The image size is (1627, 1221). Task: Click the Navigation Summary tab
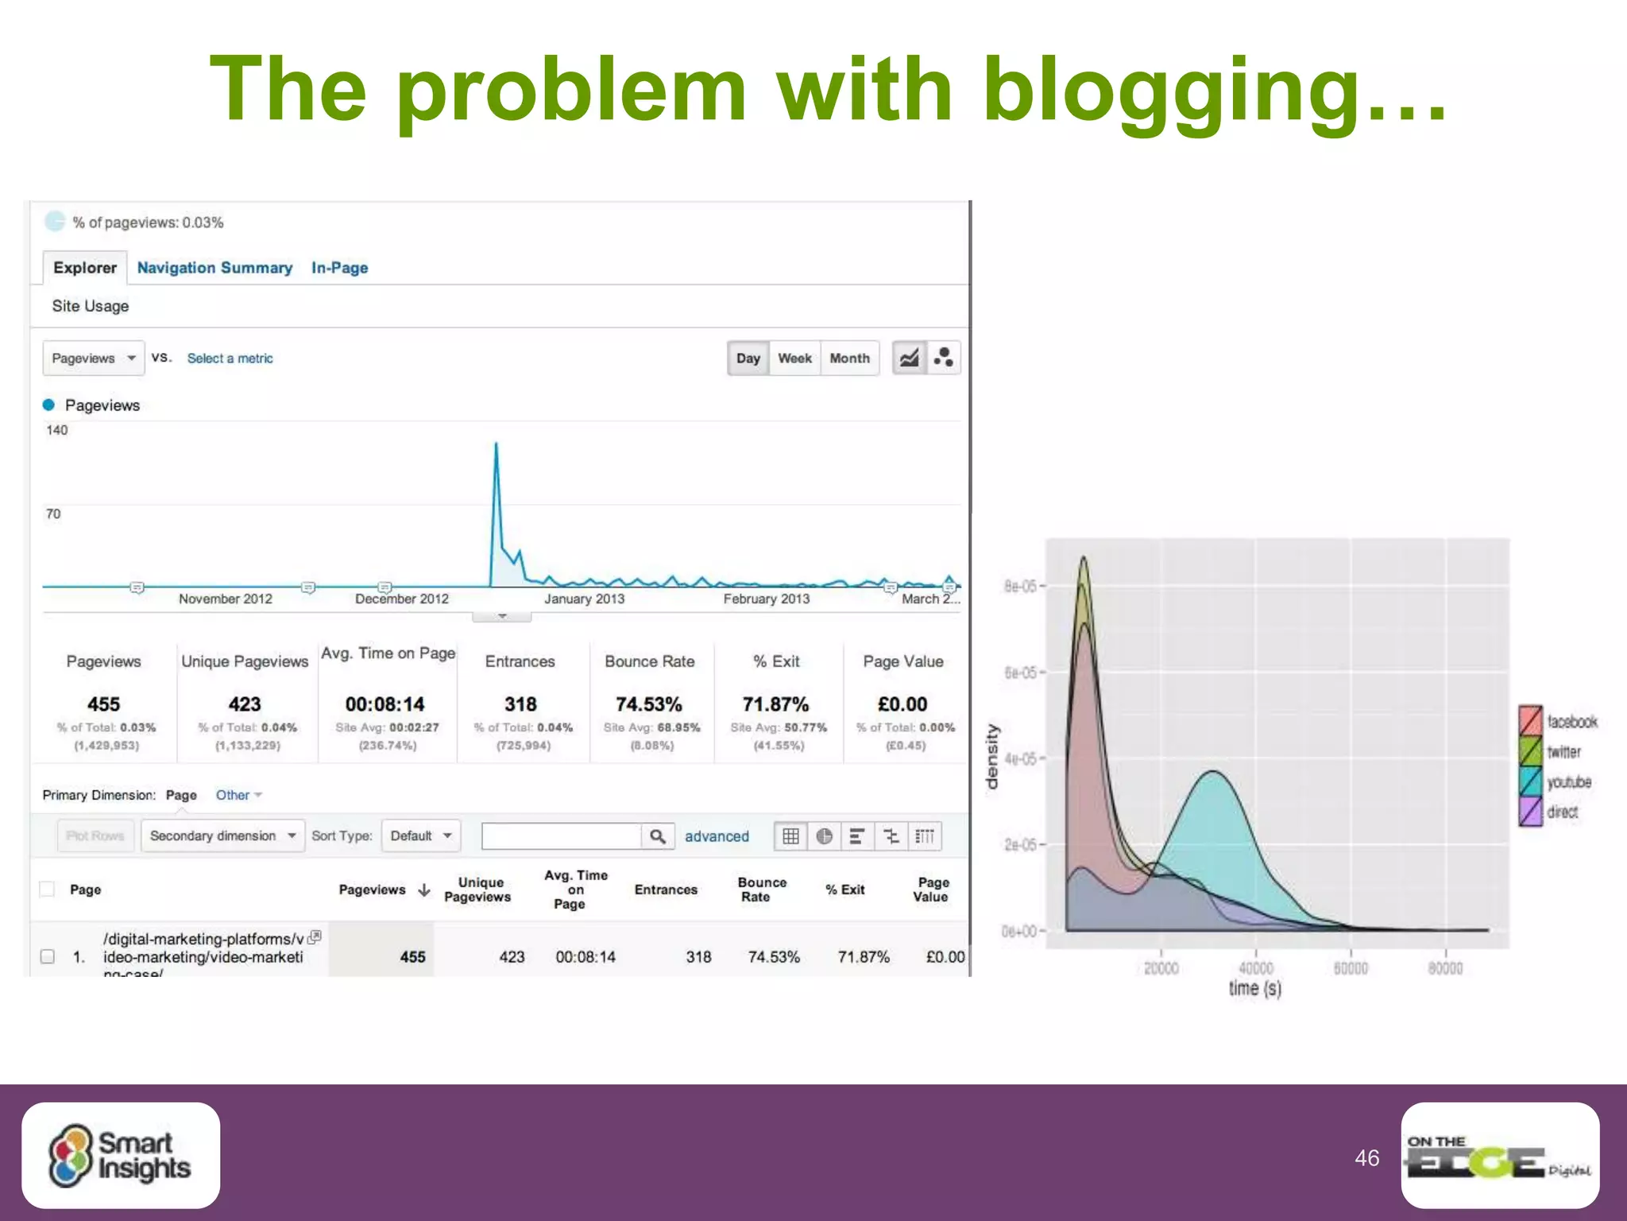(x=214, y=268)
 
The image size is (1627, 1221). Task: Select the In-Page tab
(x=339, y=268)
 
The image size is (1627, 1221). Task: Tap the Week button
(x=794, y=359)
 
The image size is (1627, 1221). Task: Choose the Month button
(x=849, y=359)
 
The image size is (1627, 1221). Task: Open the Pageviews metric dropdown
(x=93, y=359)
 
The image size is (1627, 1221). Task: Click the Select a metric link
(x=230, y=359)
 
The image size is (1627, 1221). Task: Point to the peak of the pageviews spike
(x=497, y=444)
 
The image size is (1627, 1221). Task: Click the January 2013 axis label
(x=584, y=599)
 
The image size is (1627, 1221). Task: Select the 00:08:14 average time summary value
(x=385, y=704)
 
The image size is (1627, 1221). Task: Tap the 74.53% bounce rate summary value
(x=648, y=704)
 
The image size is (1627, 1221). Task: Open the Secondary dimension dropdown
(x=222, y=836)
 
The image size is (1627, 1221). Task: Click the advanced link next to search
(x=717, y=836)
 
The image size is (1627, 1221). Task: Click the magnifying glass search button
(x=658, y=836)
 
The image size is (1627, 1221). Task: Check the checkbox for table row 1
(x=48, y=956)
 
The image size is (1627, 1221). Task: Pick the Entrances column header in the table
(x=666, y=890)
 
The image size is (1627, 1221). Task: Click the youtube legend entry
(x=1557, y=782)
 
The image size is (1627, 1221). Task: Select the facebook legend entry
(x=1559, y=722)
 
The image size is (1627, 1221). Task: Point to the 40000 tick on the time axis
(x=1256, y=968)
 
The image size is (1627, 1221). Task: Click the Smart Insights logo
(x=121, y=1155)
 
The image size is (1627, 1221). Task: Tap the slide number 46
(x=1366, y=1158)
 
